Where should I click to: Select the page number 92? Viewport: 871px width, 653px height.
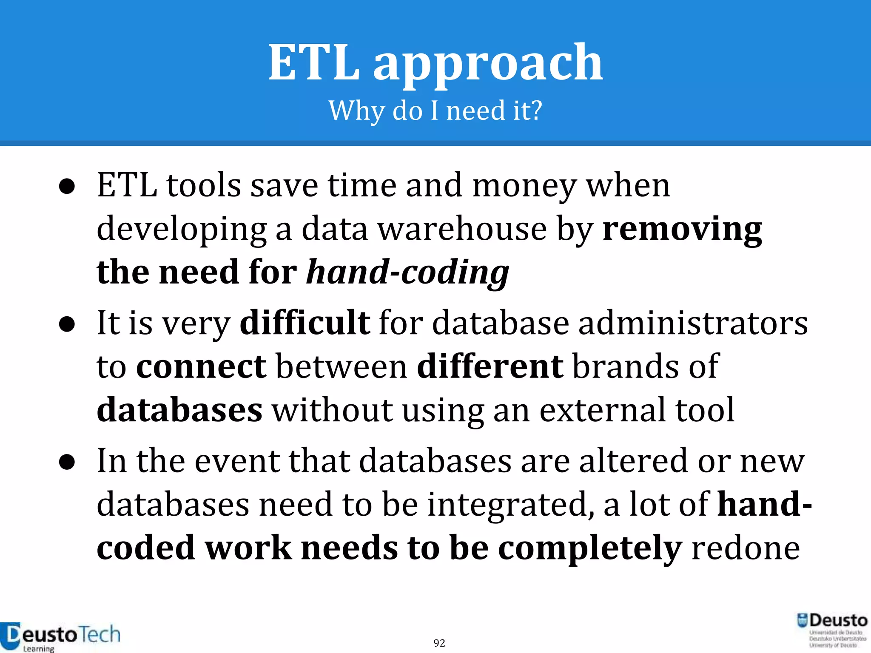[x=439, y=643]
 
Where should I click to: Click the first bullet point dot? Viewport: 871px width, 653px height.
[x=67, y=187]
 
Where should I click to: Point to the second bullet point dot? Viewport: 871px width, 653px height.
[x=67, y=324]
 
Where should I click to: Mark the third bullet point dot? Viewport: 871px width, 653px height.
[x=67, y=462]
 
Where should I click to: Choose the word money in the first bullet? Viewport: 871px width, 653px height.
[x=524, y=186]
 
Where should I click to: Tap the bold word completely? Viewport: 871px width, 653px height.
[x=590, y=548]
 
